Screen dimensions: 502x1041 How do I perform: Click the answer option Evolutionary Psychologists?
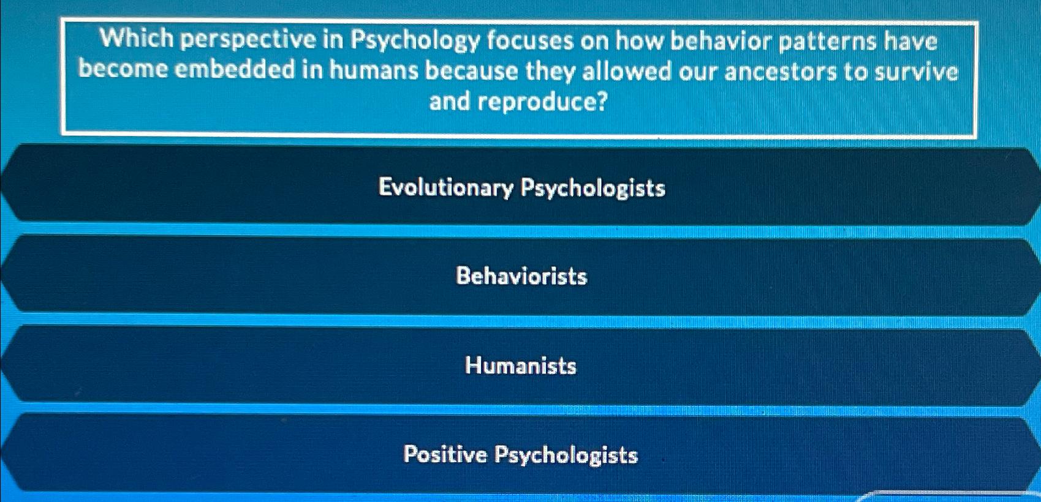521,187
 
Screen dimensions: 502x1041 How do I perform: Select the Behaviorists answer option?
521,276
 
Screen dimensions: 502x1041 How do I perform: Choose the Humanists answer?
521,365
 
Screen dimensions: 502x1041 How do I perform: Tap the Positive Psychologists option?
521,455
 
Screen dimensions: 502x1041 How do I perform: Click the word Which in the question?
137,39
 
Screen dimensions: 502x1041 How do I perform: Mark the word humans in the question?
374,70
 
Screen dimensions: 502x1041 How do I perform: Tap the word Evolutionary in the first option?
445,187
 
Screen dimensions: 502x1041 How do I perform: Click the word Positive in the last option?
445,454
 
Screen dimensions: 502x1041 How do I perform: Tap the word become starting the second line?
123,69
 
